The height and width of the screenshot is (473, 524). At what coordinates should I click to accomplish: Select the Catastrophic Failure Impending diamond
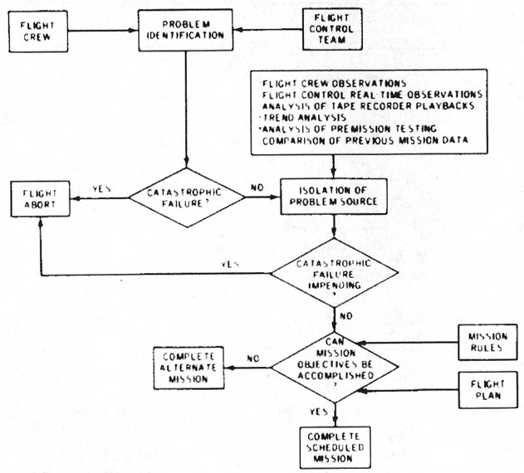point(333,274)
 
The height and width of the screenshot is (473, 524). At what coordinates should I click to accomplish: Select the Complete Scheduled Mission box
point(333,446)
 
